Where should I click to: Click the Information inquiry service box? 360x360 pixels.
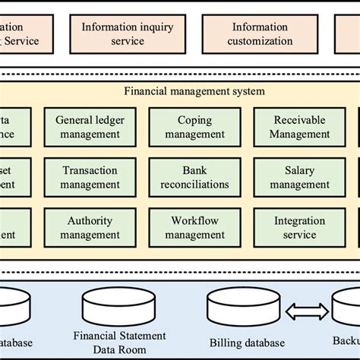pyautogui.click(x=127, y=33)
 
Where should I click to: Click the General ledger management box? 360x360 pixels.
pyautogui.click(x=89, y=127)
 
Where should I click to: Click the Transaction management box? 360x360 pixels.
pyautogui.click(x=89, y=177)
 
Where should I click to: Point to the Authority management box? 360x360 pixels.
pyautogui.click(x=89, y=227)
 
